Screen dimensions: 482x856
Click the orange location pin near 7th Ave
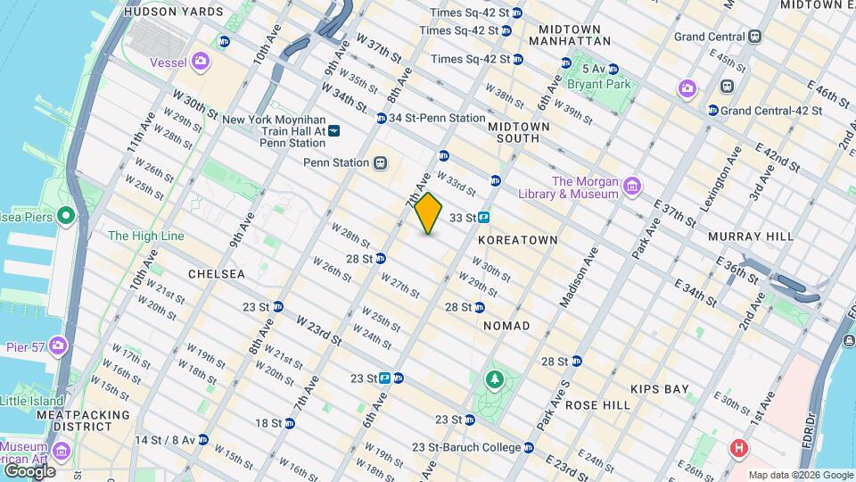[429, 212]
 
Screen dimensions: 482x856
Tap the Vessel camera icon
[202, 61]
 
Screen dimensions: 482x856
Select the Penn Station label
[336, 162]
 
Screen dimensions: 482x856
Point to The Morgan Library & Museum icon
[632, 187]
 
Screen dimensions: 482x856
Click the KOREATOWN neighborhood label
[517, 240]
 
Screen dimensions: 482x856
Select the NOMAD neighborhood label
[506, 326]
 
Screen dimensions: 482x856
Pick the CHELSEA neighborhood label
[216, 274]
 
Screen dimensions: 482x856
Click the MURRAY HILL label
[750, 237]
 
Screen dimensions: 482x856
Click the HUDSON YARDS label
[173, 12]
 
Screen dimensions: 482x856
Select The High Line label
[145, 236]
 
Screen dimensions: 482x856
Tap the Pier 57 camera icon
[59, 345]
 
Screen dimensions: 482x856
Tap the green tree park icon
[494, 381]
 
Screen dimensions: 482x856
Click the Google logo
[29, 470]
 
